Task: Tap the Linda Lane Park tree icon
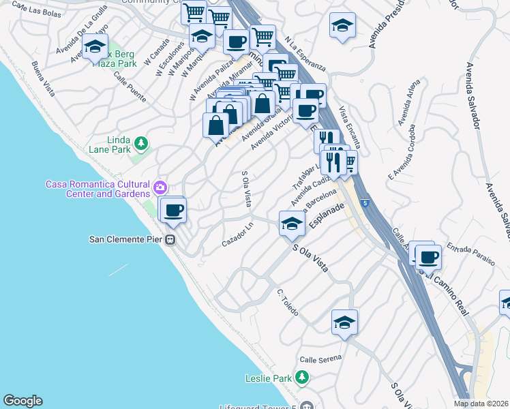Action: coord(141,143)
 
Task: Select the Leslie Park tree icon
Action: coord(301,377)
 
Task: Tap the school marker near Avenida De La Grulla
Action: coord(95,46)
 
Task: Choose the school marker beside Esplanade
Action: coord(291,224)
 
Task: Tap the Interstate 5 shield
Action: coord(366,202)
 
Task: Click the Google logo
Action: coord(22,401)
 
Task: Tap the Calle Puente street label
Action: coord(130,88)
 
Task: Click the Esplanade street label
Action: coord(325,217)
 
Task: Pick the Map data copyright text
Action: coord(481,404)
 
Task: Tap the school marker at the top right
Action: coord(342,27)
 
